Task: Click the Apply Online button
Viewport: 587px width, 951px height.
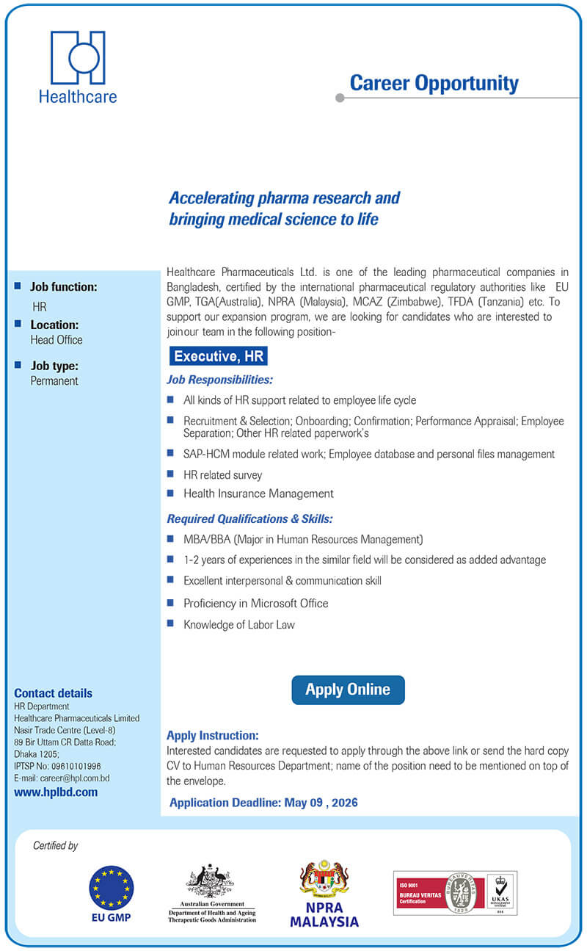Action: [x=348, y=690]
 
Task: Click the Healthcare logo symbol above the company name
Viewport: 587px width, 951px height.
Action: [x=78, y=57]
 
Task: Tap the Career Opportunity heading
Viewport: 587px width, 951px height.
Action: [x=434, y=83]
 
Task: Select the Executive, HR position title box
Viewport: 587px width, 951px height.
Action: [x=218, y=357]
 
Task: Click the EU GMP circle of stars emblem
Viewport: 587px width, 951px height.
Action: [x=112, y=887]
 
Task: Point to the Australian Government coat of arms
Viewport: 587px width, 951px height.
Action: [x=211, y=880]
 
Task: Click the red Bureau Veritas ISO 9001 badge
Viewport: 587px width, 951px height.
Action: [x=440, y=892]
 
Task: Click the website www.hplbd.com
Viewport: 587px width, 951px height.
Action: [x=56, y=792]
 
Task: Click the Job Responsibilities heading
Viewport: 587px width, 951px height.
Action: [x=219, y=380]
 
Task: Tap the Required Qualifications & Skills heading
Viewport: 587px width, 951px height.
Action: [x=249, y=518]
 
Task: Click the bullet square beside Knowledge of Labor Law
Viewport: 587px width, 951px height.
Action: [x=170, y=623]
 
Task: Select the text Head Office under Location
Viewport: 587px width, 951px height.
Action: [x=56, y=340]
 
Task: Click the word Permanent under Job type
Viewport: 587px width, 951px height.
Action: [x=54, y=381]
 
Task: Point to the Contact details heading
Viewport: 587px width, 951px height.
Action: [x=54, y=693]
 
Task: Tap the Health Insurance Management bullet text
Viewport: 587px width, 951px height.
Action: [x=258, y=493]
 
